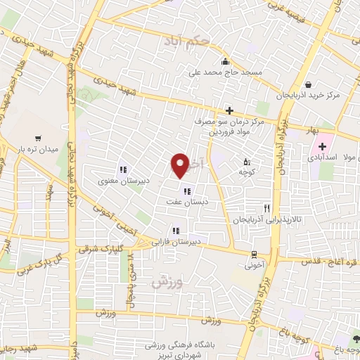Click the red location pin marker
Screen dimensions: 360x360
click(180, 165)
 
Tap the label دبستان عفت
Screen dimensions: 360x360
click(184, 201)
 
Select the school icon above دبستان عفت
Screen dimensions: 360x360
click(186, 191)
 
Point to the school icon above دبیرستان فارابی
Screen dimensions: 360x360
click(174, 230)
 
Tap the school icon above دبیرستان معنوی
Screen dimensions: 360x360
click(122, 169)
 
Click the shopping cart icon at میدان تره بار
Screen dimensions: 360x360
click(37, 139)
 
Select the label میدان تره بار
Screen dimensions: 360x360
click(36, 149)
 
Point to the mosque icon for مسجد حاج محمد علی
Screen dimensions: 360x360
click(225, 60)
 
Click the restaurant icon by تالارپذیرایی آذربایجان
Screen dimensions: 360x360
click(266, 208)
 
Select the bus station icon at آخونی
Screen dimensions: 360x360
click(254, 255)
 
